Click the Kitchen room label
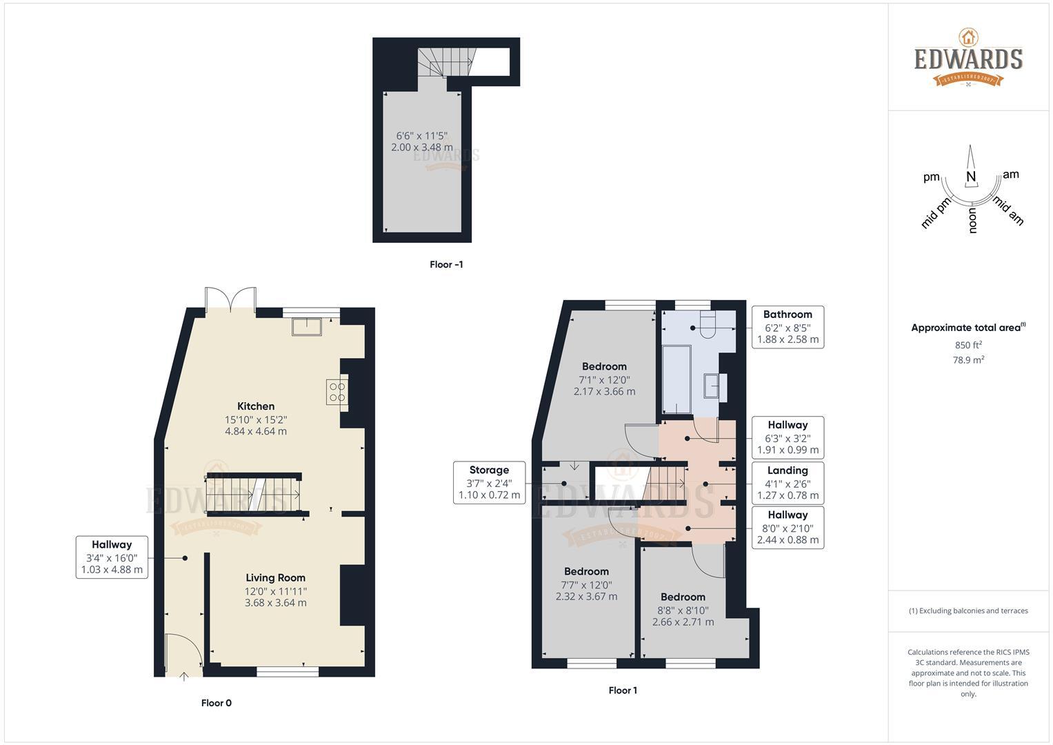click(256, 406)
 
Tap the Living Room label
click(275, 578)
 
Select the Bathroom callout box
click(788, 327)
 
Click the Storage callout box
click(489, 483)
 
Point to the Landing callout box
click(788, 483)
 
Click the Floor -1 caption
click(446, 264)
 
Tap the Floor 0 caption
click(217, 703)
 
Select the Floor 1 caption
click(623, 690)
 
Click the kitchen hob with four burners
click(337, 392)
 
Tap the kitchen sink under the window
click(307, 326)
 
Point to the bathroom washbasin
click(713, 386)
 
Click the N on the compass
click(971, 177)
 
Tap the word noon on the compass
click(973, 221)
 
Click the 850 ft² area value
click(968, 345)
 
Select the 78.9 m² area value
click(968, 359)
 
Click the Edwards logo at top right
click(968, 59)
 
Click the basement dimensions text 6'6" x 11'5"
click(422, 135)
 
